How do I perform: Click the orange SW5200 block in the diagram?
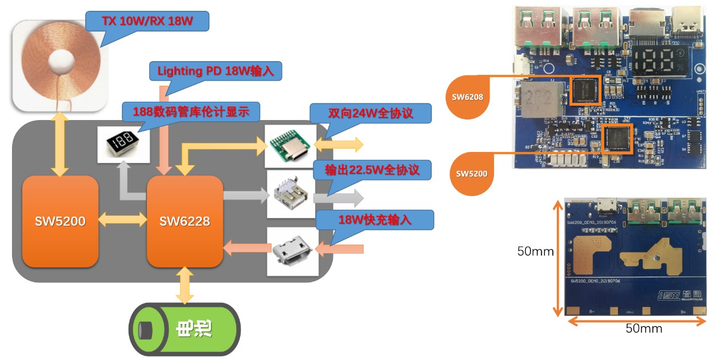60,221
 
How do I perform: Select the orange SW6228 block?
185,221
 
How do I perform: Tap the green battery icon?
184,329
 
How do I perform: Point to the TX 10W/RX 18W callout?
148,21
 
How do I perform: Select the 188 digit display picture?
119,143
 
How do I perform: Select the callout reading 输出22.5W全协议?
372,170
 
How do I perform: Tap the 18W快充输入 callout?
375,219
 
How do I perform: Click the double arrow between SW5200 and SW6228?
122,219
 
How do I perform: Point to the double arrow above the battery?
185,285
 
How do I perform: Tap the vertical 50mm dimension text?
535,251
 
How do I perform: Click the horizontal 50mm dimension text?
643,329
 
